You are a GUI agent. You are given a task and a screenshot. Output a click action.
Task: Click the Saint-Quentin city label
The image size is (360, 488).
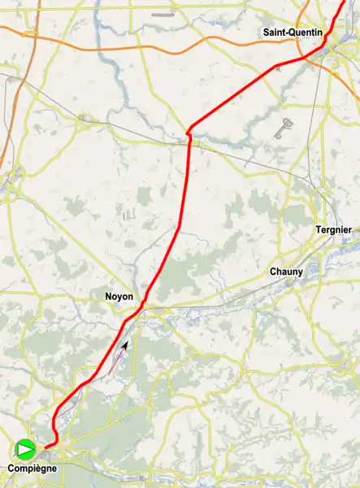click(x=293, y=32)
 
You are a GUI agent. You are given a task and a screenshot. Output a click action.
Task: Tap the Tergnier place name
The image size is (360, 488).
click(x=333, y=230)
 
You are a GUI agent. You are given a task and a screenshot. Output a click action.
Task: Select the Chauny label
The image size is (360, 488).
click(x=286, y=272)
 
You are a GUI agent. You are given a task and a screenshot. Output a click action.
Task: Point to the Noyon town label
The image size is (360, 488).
click(x=119, y=297)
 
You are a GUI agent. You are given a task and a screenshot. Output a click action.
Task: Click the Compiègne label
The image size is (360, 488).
click(x=33, y=468)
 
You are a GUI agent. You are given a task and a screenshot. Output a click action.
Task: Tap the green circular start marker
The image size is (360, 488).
click(x=25, y=447)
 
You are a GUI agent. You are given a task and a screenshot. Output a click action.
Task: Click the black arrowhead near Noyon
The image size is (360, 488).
click(x=125, y=346)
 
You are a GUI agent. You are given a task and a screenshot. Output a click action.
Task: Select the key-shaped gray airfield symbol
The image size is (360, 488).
click(x=282, y=129)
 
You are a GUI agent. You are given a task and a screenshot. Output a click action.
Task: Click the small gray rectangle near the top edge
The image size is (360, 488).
click(x=163, y=15)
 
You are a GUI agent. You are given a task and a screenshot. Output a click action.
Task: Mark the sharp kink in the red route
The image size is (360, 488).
click(x=189, y=130)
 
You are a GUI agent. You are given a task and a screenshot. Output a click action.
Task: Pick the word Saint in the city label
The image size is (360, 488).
click(x=274, y=32)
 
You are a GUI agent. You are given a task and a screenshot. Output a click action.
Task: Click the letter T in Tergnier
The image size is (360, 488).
click(x=318, y=230)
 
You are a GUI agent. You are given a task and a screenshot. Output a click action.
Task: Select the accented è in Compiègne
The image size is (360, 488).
click(x=41, y=468)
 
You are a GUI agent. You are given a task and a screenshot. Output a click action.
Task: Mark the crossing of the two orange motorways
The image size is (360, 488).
click(x=30, y=34)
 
